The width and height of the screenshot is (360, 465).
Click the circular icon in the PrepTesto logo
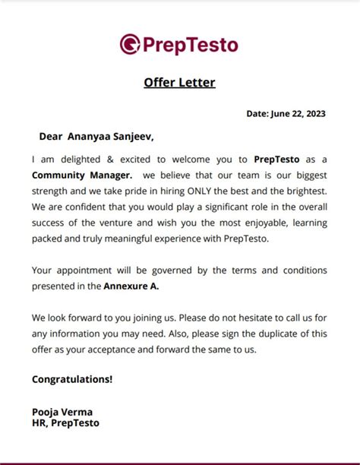(130, 44)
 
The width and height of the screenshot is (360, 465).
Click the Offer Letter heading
(179, 82)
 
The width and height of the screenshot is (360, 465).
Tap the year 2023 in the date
(313, 114)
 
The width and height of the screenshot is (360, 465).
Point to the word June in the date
(281, 114)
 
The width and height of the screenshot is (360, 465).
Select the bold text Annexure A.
(131, 286)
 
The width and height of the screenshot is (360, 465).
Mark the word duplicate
(278, 334)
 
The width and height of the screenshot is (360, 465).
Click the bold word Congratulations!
(72, 378)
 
